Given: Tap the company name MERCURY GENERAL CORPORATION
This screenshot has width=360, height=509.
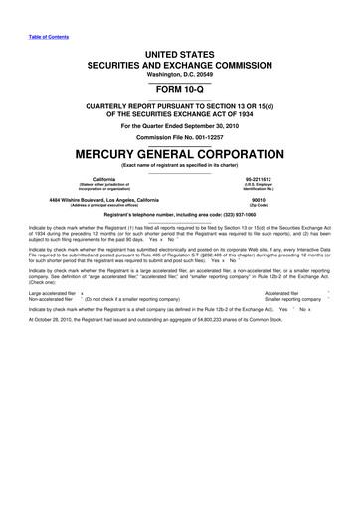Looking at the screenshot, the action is click(x=180, y=157).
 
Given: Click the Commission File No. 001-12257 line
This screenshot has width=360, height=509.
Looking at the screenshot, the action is click(x=180, y=136).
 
